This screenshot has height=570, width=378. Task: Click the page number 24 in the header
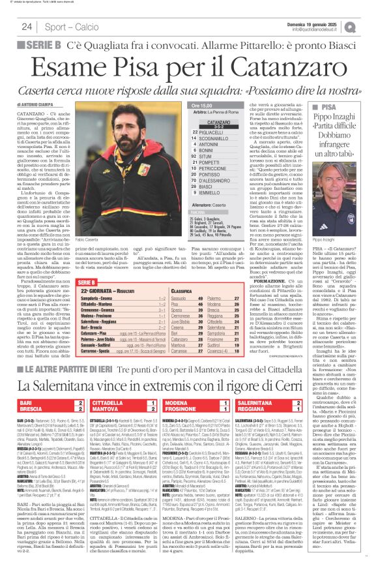[27, 27]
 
